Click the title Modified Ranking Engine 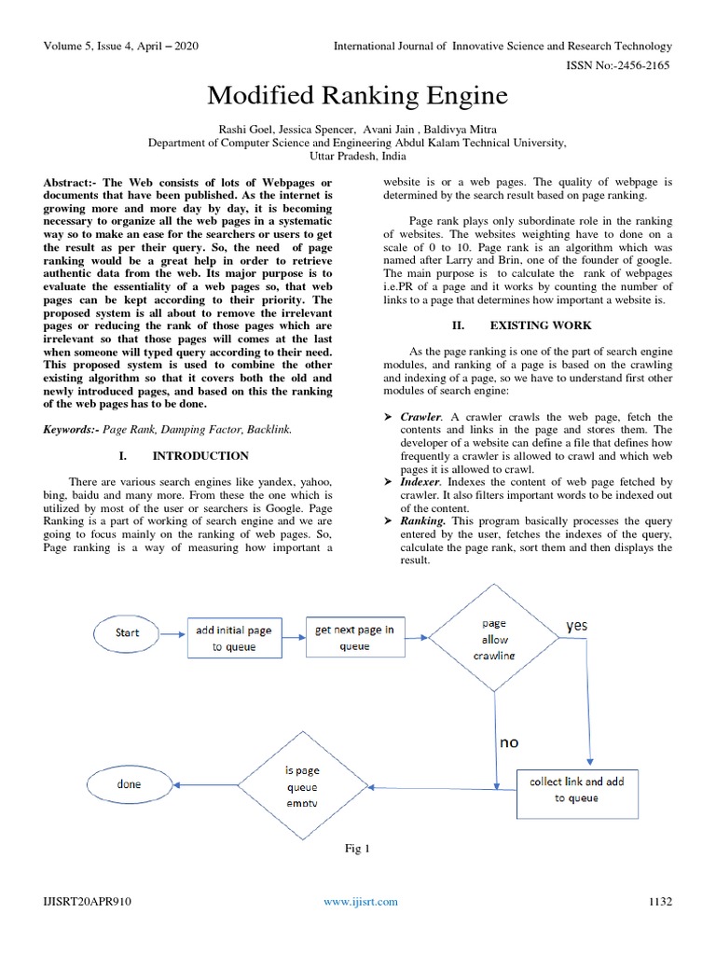(x=357, y=95)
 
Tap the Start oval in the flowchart (x=128, y=632)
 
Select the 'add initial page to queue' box (x=233, y=638)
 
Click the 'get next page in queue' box (x=354, y=637)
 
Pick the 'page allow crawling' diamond (x=495, y=639)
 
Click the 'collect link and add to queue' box (x=576, y=789)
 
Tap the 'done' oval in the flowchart (x=129, y=785)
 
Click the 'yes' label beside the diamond (x=577, y=626)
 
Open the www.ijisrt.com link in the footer (x=360, y=901)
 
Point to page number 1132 (x=659, y=901)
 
